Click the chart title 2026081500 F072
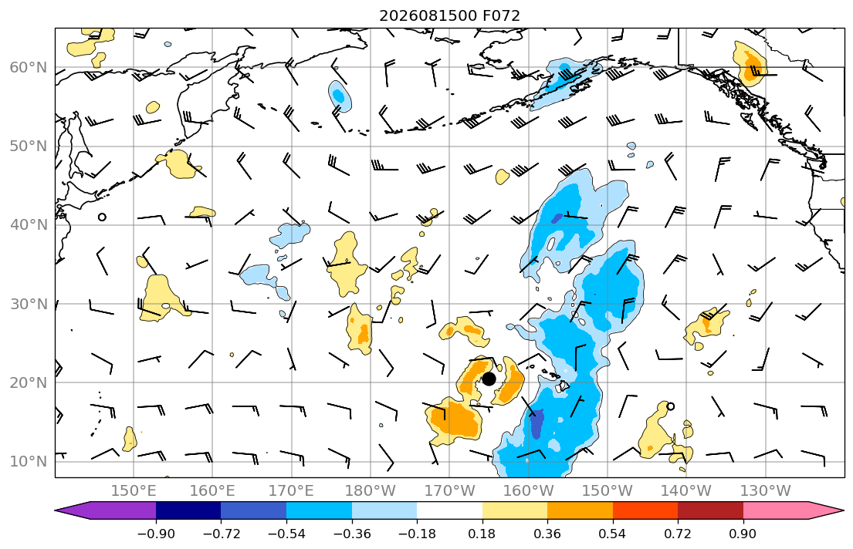coord(449,15)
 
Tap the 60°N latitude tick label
coord(29,67)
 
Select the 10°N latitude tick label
coord(29,462)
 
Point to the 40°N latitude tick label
coord(29,225)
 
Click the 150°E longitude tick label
coord(134,491)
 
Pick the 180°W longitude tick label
coord(371,491)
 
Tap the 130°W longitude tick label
coord(766,491)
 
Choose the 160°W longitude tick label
coord(529,491)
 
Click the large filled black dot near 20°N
coord(489,379)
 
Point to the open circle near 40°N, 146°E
coord(102,217)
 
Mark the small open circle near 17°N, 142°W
coord(670,406)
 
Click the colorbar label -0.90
coord(156,534)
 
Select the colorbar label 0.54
coord(613,534)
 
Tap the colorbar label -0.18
coord(417,534)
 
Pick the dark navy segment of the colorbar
coord(188,510)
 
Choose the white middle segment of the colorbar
coord(449,510)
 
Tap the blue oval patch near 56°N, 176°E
coord(340,96)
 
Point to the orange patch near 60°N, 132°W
coord(750,66)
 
